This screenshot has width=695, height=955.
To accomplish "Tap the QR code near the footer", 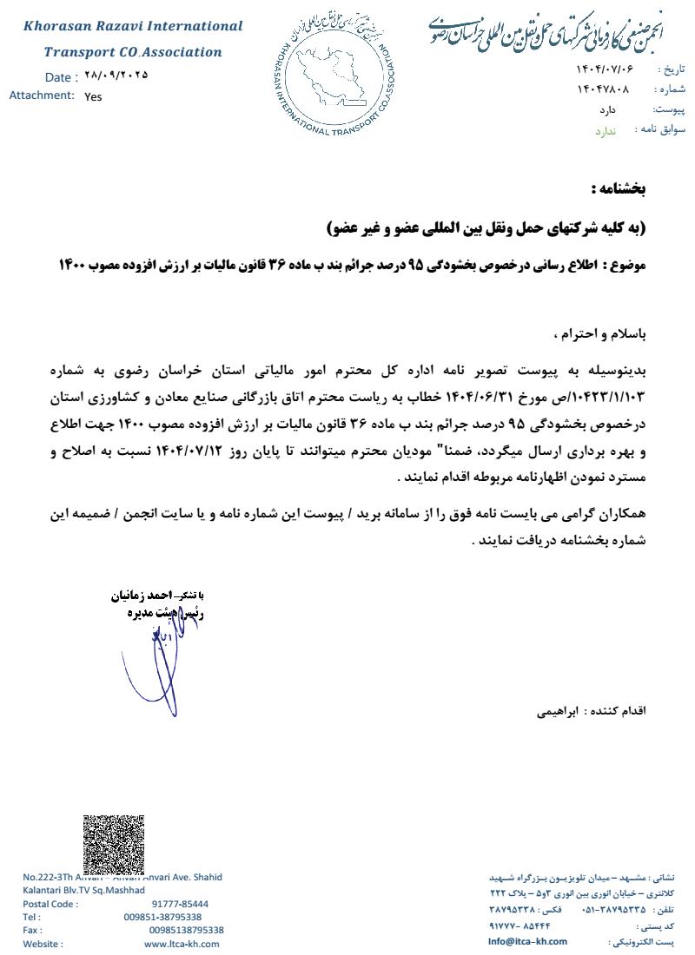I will point(113,844).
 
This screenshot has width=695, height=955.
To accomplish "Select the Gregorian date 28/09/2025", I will point(117,76).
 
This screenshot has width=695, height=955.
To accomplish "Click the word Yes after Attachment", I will point(93,96).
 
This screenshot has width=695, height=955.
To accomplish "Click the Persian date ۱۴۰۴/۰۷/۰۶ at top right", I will point(605,69).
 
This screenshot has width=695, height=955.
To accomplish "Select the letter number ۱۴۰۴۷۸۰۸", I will point(603,89).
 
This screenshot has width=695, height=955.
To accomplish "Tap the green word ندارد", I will point(605,131).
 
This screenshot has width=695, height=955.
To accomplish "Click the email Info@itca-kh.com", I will point(527,941).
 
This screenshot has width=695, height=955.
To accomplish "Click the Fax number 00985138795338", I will point(186,930).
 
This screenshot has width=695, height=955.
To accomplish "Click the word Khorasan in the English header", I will point(58,27).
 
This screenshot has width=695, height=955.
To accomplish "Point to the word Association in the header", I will point(183,52).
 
